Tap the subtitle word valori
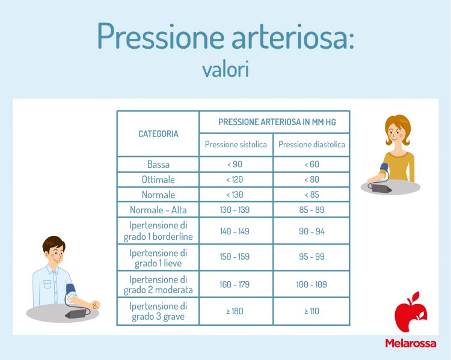click(x=226, y=69)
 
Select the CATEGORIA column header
click(x=158, y=134)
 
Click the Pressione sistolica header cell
click(x=236, y=145)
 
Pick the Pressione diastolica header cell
click(x=311, y=145)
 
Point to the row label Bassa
click(x=158, y=165)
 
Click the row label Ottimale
click(x=158, y=180)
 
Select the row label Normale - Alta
click(x=158, y=210)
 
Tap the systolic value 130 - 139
click(x=236, y=210)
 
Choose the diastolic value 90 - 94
click(x=311, y=231)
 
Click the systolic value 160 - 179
click(x=236, y=284)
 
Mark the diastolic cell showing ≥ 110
click(x=311, y=311)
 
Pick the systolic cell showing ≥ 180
click(x=236, y=311)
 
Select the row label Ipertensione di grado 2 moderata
click(x=158, y=284)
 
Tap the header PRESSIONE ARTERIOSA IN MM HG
click(x=274, y=121)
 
